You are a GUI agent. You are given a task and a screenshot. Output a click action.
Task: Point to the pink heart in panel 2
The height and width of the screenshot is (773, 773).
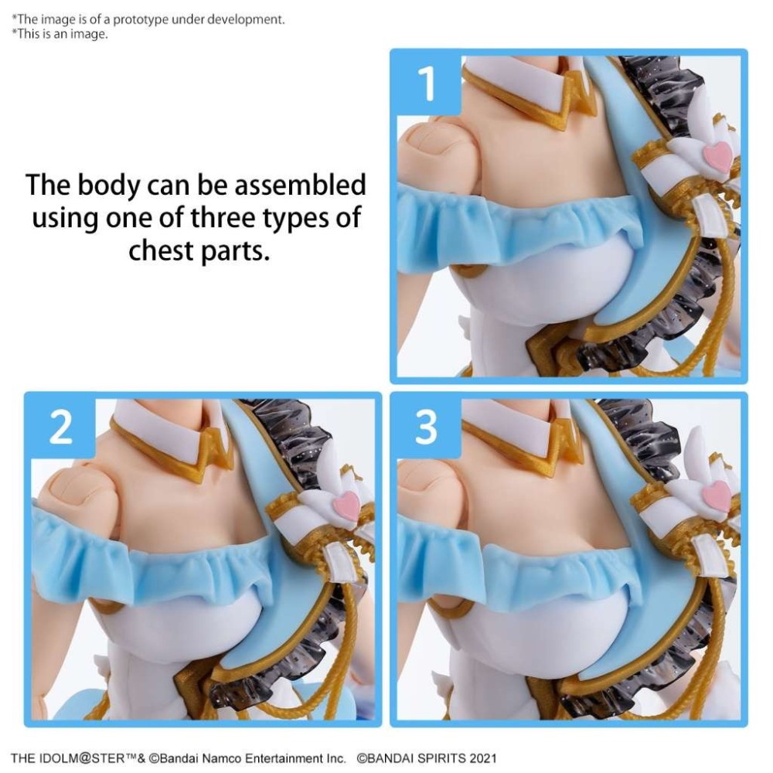(347, 505)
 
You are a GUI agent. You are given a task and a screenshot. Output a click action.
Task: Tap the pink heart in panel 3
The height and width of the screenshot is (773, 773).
(717, 495)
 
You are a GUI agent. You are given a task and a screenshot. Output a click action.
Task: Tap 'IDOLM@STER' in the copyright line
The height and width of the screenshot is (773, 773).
(77, 758)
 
